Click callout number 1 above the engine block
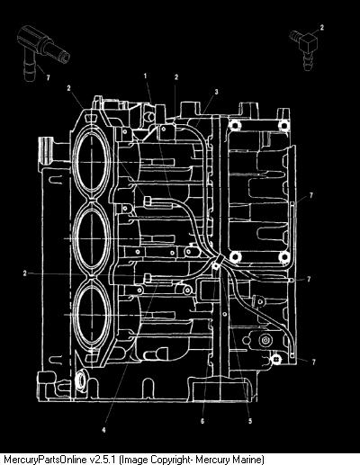[146, 76]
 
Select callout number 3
[217, 92]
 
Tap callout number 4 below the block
[103, 430]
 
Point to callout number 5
[250, 421]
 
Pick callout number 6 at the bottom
[202, 421]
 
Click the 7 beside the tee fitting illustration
[48, 77]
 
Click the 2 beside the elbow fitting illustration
[322, 27]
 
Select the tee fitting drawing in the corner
[42, 51]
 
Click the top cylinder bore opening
[92, 162]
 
